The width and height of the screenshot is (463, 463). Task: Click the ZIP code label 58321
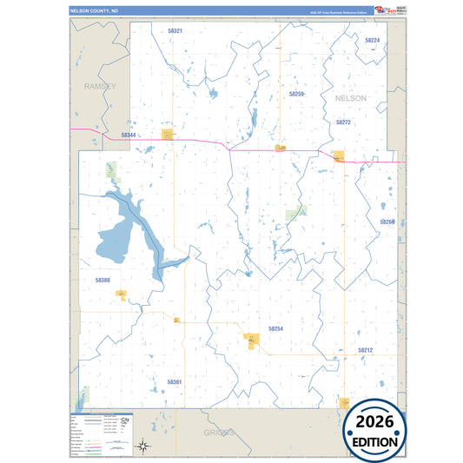(175, 30)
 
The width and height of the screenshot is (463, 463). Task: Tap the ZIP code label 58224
(372, 41)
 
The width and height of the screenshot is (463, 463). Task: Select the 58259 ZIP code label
(296, 93)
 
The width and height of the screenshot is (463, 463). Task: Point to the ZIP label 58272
(342, 122)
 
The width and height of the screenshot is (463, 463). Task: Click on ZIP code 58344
(129, 135)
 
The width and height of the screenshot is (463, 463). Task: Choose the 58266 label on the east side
(387, 222)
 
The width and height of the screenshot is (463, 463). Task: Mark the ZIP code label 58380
(103, 280)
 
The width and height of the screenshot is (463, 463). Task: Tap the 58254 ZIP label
(275, 329)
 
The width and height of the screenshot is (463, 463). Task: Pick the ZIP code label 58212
(365, 350)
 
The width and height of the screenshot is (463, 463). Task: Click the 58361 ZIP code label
(175, 381)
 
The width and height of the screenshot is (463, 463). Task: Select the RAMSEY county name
(100, 87)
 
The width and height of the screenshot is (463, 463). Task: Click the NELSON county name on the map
(351, 99)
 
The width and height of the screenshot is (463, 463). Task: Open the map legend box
(99, 433)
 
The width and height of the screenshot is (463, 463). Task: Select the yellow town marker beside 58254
(250, 338)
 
